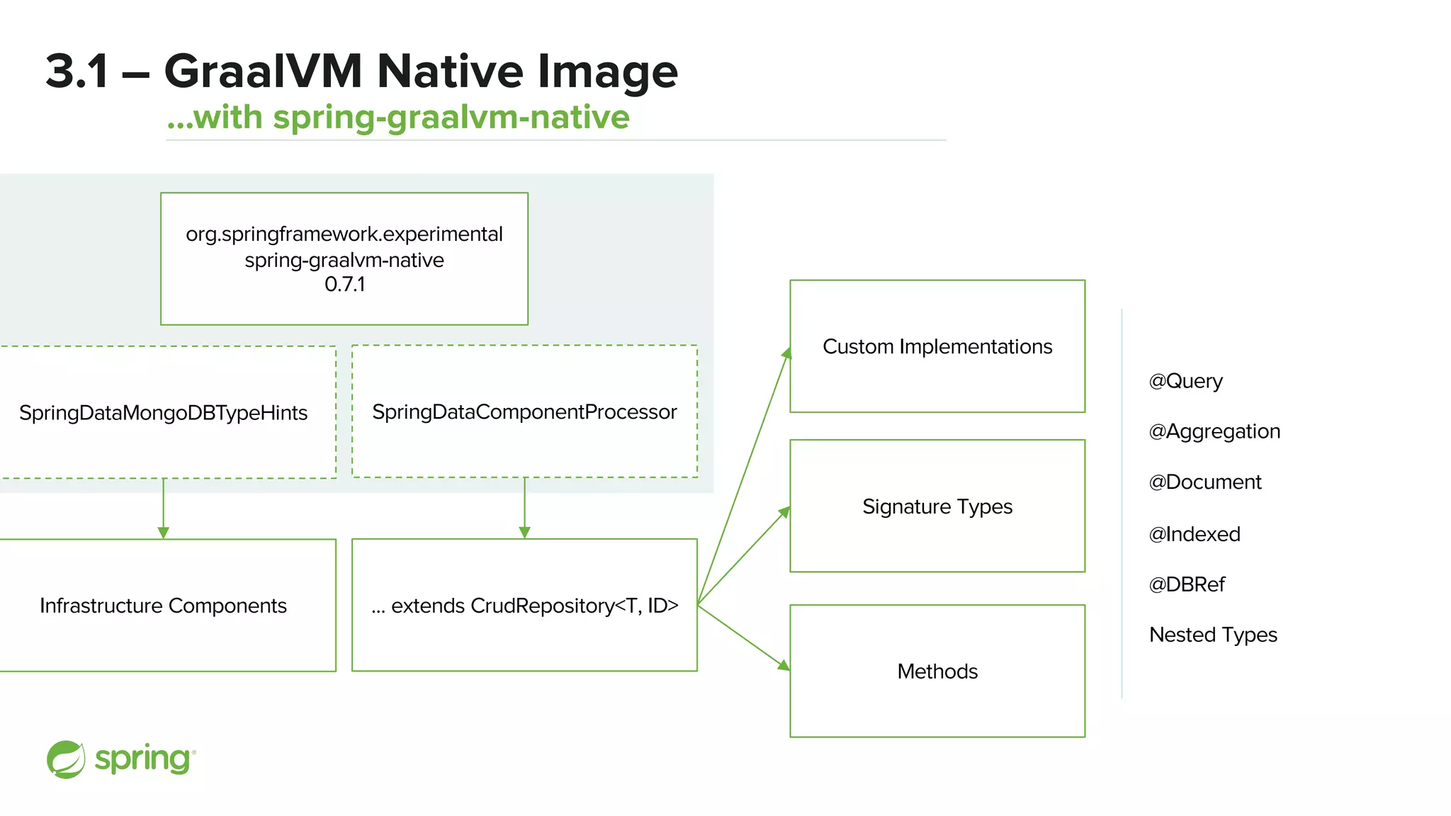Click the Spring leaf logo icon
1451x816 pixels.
click(66, 759)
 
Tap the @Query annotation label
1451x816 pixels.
click(1185, 381)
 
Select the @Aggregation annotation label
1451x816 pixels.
click(1214, 431)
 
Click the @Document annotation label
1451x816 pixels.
click(1204, 482)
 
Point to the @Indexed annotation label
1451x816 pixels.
click(1194, 534)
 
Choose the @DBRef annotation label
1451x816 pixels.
click(1187, 584)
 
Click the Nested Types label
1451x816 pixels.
click(1213, 635)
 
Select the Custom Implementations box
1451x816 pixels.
click(937, 346)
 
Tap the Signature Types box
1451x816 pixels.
click(937, 506)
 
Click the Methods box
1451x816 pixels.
click(937, 671)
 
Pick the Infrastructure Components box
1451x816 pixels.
click(164, 606)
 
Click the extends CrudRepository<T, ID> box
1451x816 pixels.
click(524, 606)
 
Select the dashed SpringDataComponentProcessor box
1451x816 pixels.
click(524, 412)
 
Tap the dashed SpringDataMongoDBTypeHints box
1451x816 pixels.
click(164, 412)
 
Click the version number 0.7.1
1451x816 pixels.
click(344, 285)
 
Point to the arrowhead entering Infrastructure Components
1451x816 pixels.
click(164, 533)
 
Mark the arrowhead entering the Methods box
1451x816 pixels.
click(784, 665)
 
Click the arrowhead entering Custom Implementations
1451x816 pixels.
click(786, 353)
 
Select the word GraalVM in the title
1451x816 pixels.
click(263, 72)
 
